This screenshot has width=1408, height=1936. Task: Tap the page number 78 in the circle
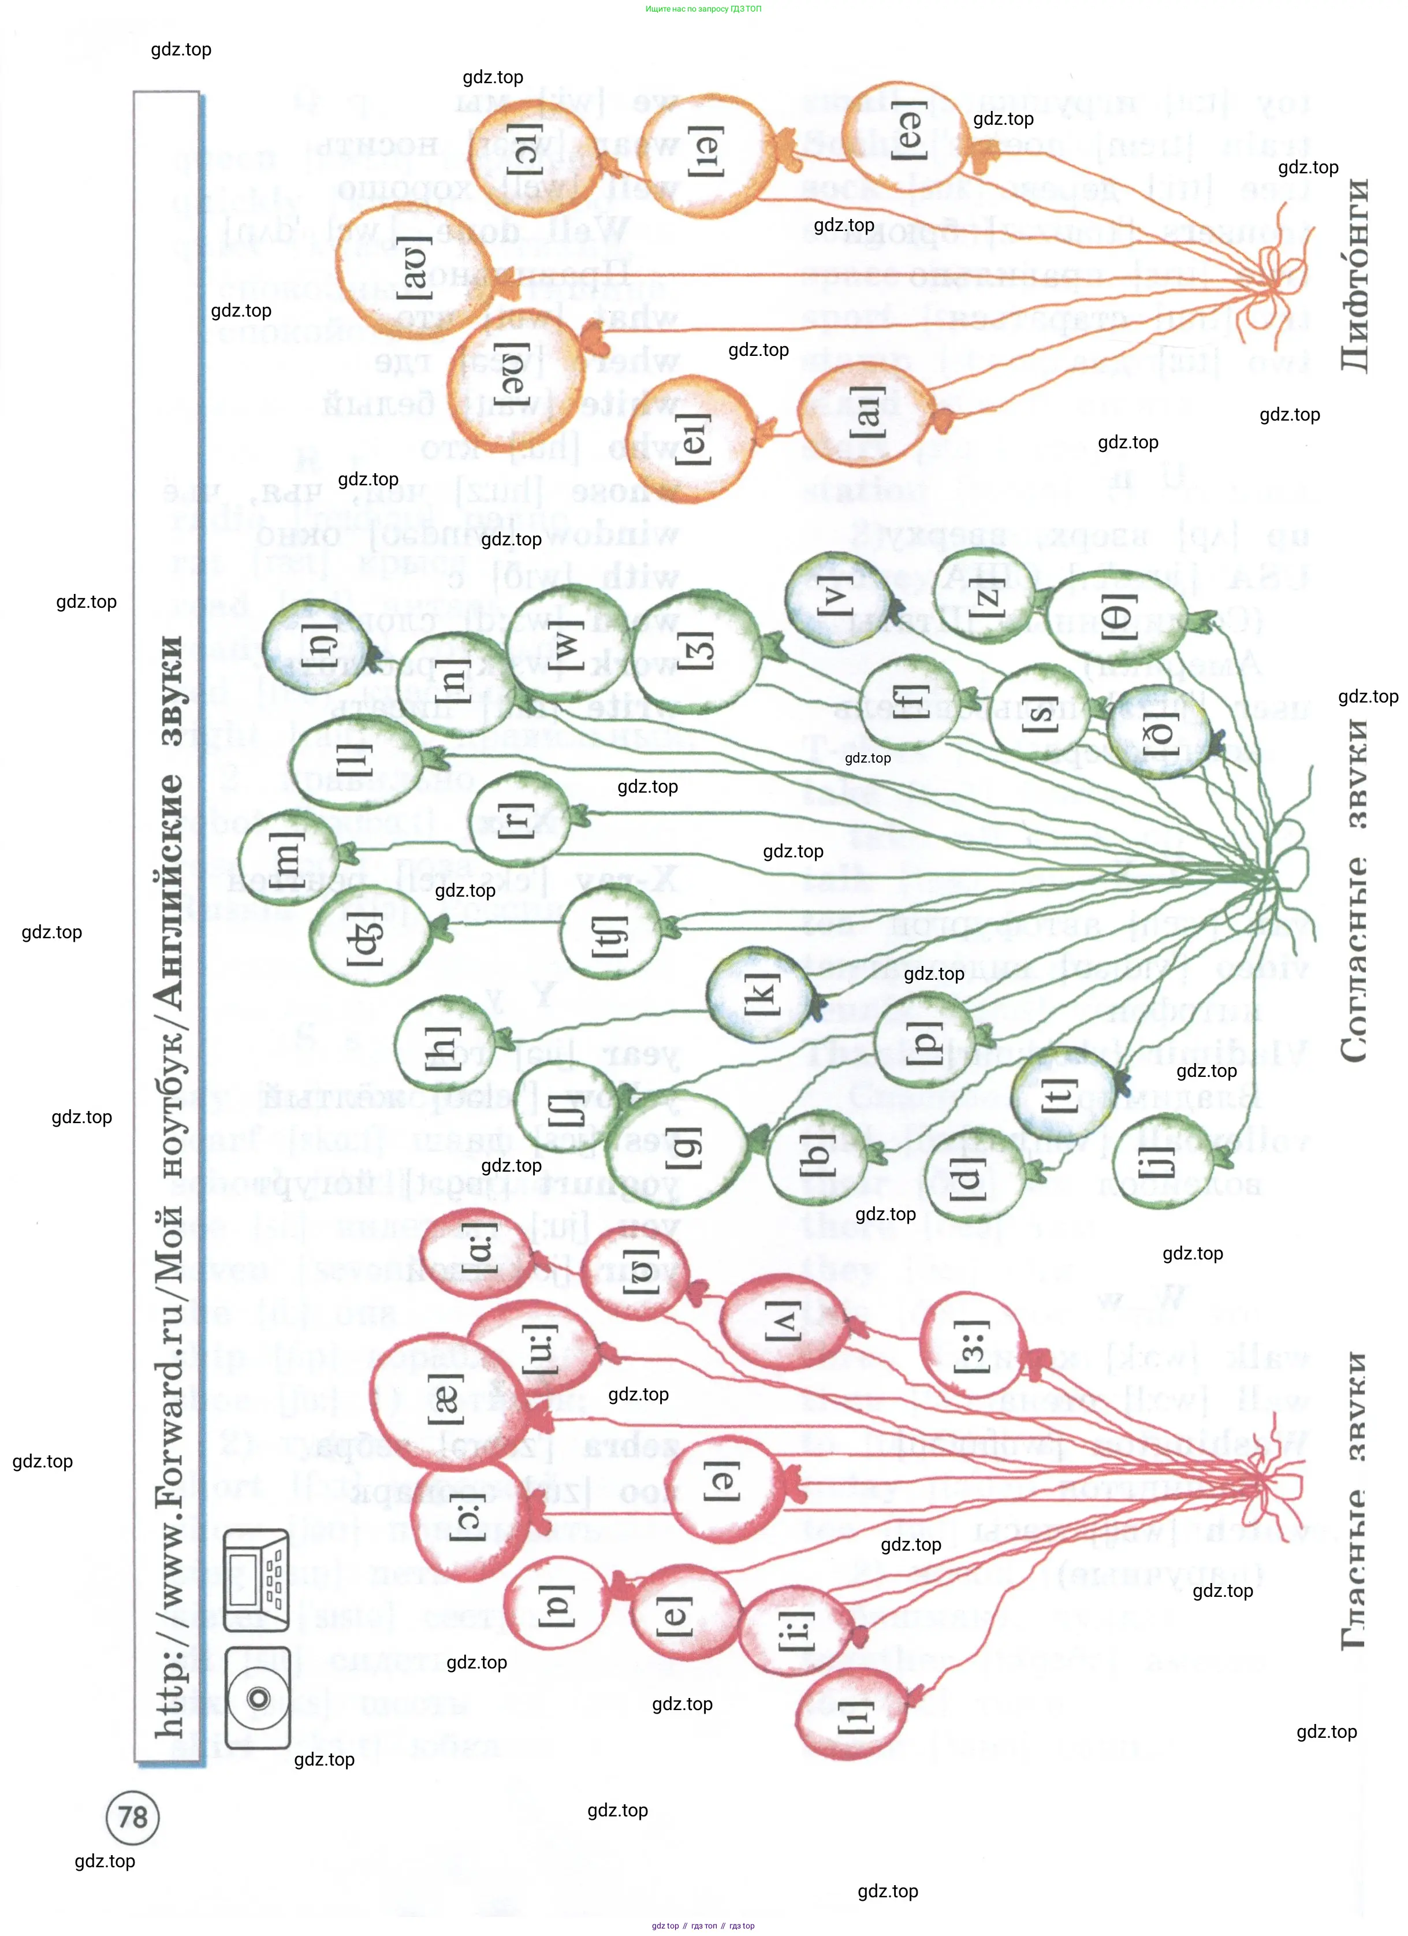132,1816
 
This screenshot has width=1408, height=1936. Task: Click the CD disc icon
258,1697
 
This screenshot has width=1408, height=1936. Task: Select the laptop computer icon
256,1579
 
